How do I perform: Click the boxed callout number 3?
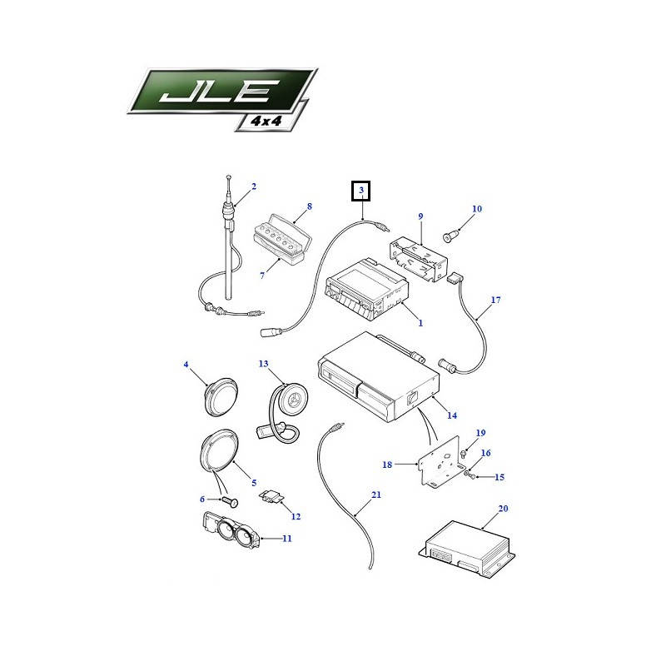361,191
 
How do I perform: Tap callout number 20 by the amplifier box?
503,509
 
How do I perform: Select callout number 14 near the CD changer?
452,415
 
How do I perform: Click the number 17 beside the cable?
495,300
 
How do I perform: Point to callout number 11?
287,539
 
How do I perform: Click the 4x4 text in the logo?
266,121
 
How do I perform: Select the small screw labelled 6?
231,502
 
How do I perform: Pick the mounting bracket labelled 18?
440,462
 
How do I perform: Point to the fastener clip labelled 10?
451,235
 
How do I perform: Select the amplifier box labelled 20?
467,549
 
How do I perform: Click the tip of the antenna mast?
228,176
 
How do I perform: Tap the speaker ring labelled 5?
219,450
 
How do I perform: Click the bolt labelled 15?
470,475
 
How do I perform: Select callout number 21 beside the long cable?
376,495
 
